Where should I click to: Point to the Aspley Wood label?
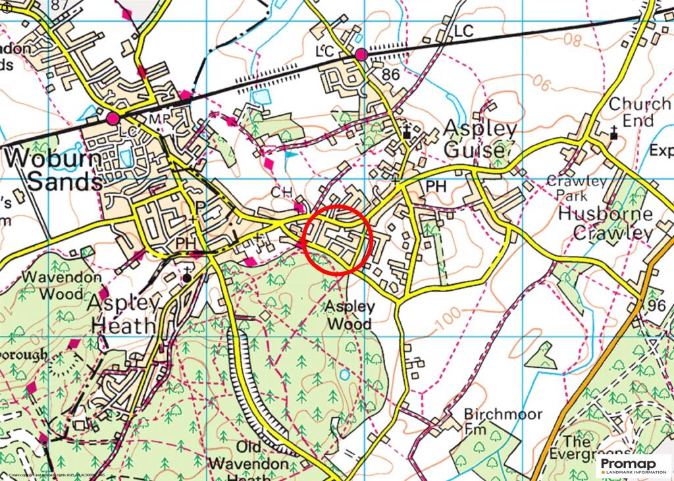point(349,315)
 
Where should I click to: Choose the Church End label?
point(631,113)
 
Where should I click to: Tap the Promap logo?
point(633,467)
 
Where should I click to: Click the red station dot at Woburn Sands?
point(113,118)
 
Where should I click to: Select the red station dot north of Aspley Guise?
point(361,55)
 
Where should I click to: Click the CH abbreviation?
point(280,191)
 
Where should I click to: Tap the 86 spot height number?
point(391,74)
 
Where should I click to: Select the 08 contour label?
point(573,41)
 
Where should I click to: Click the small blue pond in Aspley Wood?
point(346,375)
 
